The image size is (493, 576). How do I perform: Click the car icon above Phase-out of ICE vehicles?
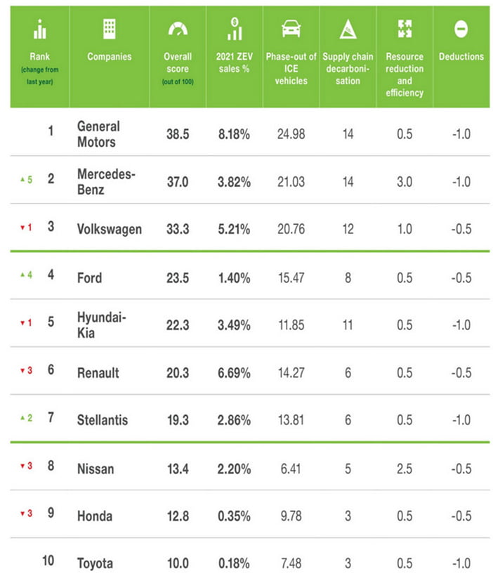click(291, 29)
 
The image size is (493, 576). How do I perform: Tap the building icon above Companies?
click(110, 29)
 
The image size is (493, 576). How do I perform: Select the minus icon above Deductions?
click(461, 29)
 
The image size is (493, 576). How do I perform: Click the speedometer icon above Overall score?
click(178, 29)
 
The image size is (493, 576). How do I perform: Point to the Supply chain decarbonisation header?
click(348, 68)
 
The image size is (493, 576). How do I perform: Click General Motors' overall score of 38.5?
click(178, 134)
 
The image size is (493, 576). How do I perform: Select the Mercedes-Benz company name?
click(106, 182)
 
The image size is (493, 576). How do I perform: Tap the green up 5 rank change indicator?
click(27, 180)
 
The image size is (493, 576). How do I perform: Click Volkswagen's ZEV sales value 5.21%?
click(234, 229)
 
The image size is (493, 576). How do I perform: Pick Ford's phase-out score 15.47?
click(291, 277)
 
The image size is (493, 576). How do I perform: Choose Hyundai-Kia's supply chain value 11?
click(348, 325)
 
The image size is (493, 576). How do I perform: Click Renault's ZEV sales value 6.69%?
click(234, 373)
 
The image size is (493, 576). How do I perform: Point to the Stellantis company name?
click(103, 420)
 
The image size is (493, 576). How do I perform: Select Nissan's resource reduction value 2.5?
click(405, 469)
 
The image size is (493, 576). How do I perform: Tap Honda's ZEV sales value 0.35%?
click(234, 516)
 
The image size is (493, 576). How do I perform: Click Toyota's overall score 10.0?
click(178, 563)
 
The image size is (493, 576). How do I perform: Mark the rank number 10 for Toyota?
click(48, 561)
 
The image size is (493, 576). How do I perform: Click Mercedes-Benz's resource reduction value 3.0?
click(405, 182)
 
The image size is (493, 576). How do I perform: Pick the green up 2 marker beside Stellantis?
click(27, 418)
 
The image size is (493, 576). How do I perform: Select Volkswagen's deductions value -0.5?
click(461, 229)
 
